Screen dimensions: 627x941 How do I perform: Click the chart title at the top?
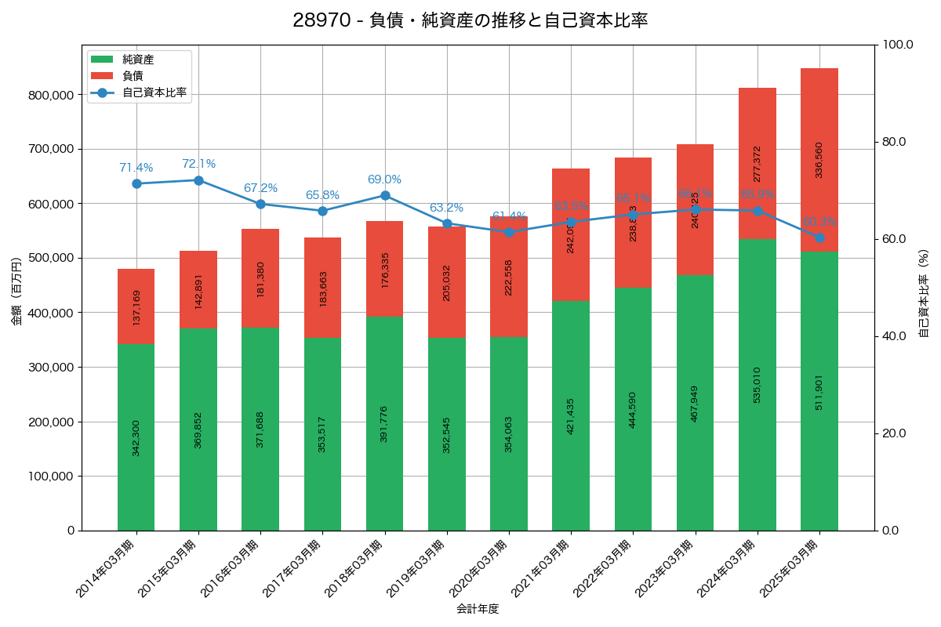pyautogui.click(x=470, y=20)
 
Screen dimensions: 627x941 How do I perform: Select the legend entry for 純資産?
pyautogui.click(x=138, y=60)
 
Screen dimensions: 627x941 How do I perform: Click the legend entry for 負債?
pyautogui.click(x=133, y=76)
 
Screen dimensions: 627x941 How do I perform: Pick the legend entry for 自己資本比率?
pyautogui.click(x=155, y=92)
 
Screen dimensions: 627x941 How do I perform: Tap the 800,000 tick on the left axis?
pyautogui.click(x=50, y=95)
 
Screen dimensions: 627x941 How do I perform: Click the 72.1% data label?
pyautogui.click(x=198, y=164)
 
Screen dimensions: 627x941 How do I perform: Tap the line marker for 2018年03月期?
pyautogui.click(x=385, y=195)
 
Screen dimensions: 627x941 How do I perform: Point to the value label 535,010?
pyautogui.click(x=758, y=385)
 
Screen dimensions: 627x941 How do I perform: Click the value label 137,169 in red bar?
pyautogui.click(x=136, y=307)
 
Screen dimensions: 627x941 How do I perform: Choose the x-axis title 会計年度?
pyautogui.click(x=478, y=608)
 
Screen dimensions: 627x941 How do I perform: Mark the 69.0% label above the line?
pyautogui.click(x=384, y=179)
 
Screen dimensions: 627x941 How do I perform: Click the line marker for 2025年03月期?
pyautogui.click(x=819, y=237)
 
